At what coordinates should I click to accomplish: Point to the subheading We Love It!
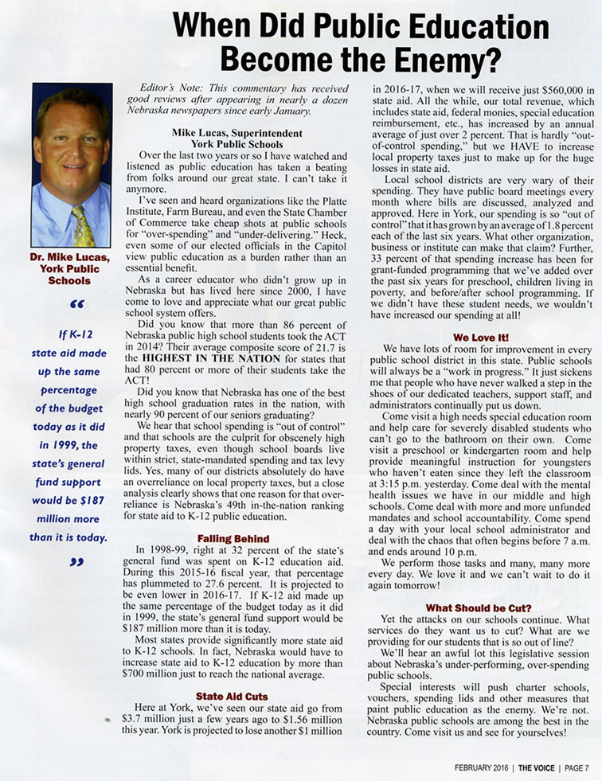tap(480, 337)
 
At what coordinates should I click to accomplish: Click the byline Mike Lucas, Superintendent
tap(226, 133)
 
